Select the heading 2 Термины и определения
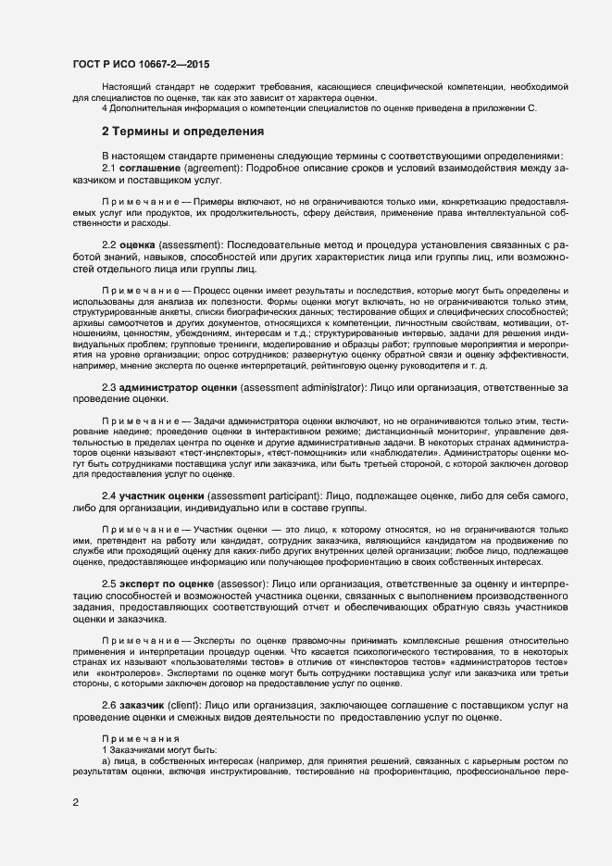click(183, 132)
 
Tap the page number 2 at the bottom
click(75, 804)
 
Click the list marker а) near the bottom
click(106, 759)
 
